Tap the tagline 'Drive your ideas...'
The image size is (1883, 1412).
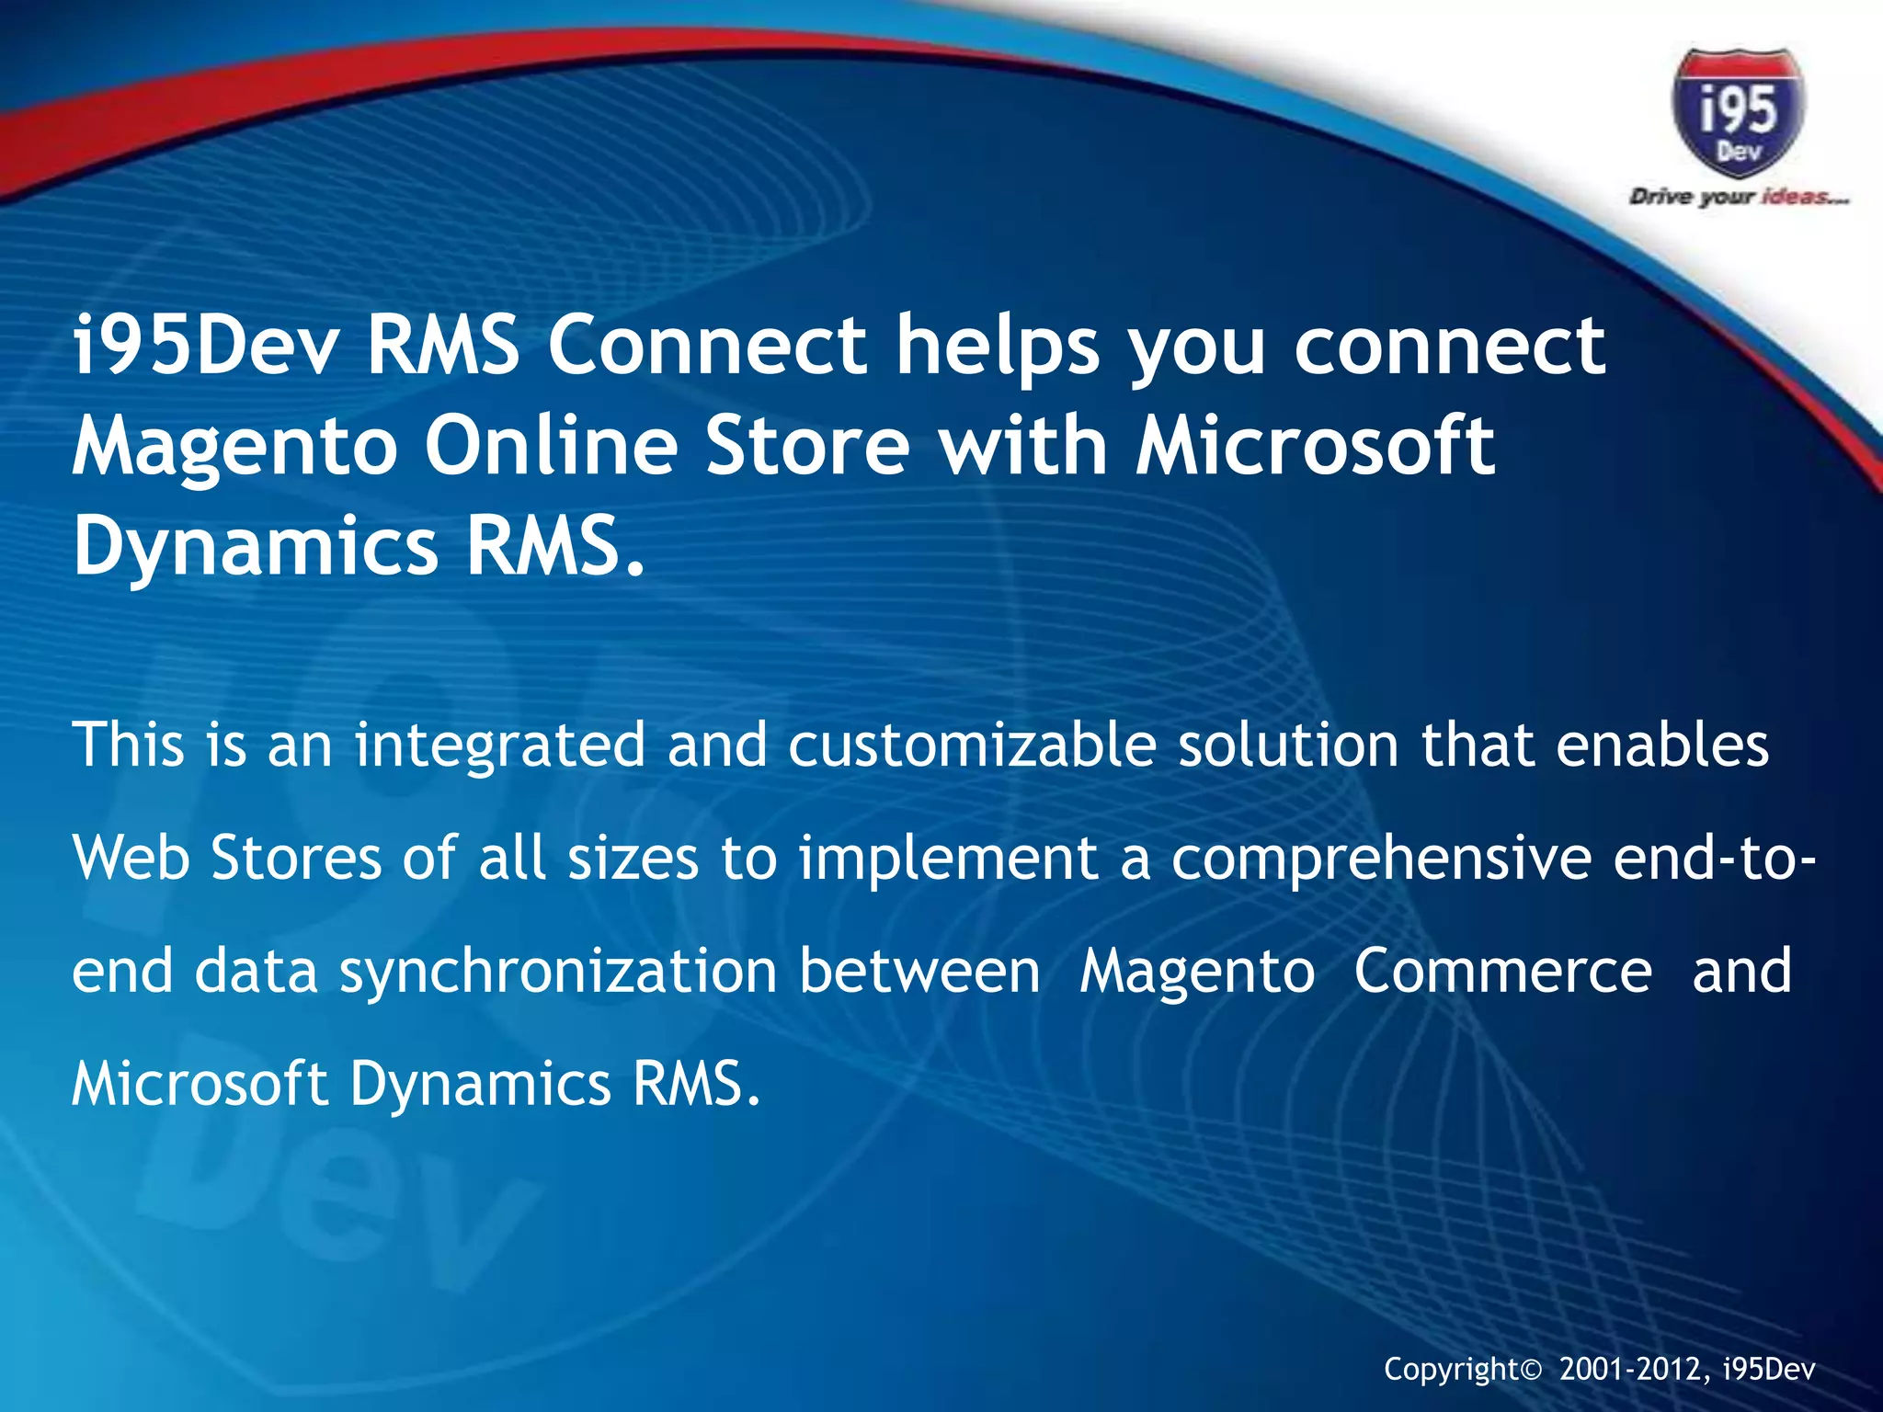pyautogui.click(x=1739, y=197)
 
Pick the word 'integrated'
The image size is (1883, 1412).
pyautogui.click(x=500, y=746)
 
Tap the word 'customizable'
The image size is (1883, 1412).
pyautogui.click(x=972, y=746)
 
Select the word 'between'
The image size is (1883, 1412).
pyautogui.click(x=919, y=971)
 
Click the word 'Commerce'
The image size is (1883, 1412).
pyautogui.click(x=1502, y=971)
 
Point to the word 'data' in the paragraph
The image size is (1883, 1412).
pyautogui.click(x=257, y=971)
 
